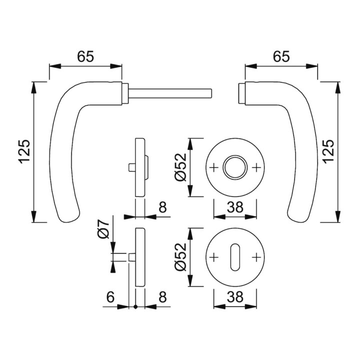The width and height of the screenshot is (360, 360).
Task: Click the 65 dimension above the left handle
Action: [85, 56]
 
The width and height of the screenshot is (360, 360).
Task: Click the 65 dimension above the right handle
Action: [281, 56]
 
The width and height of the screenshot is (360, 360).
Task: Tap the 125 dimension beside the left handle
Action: [24, 151]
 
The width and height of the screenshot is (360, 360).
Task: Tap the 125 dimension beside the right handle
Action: [328, 151]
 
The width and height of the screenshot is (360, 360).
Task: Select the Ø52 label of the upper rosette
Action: [180, 167]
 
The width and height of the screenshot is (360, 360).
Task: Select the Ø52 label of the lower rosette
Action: [180, 257]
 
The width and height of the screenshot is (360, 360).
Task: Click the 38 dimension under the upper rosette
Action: [235, 207]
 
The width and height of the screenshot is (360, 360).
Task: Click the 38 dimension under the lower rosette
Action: [235, 297]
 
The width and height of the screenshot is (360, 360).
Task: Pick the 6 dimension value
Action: [110, 297]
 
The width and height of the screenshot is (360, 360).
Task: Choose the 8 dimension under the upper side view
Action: [162, 207]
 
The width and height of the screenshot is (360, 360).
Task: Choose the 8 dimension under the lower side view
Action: [162, 297]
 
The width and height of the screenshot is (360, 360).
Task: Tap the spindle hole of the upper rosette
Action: [235, 167]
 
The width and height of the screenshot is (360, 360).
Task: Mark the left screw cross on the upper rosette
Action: [214, 167]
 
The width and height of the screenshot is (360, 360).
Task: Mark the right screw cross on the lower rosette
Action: [256, 257]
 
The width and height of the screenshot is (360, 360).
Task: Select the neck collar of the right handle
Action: [242, 93]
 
